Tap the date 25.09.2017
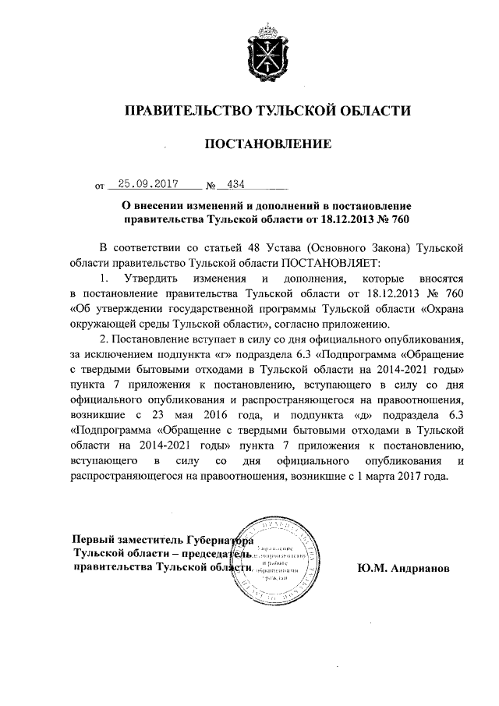(143, 185)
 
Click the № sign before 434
(211, 186)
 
